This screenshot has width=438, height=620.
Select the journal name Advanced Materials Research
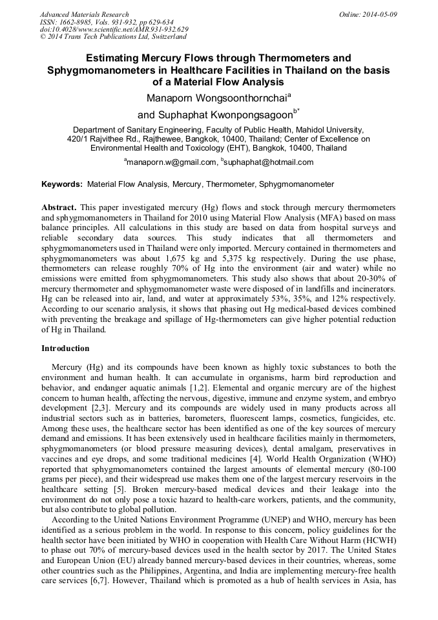tap(84, 14)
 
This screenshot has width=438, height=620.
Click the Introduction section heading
tap(65, 348)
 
